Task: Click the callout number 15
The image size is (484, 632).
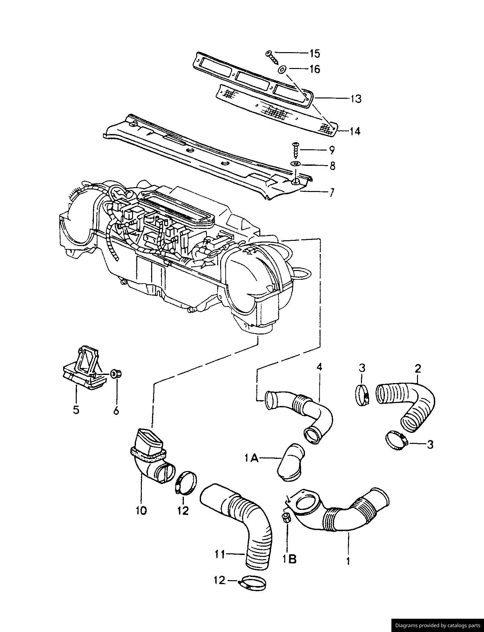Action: pyautogui.click(x=315, y=53)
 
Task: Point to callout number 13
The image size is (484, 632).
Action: pyautogui.click(x=356, y=98)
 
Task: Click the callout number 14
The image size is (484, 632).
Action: pyautogui.click(x=355, y=131)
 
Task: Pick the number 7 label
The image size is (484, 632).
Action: pyautogui.click(x=331, y=193)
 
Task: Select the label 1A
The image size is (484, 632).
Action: pyautogui.click(x=252, y=458)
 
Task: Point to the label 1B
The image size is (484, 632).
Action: pyautogui.click(x=289, y=559)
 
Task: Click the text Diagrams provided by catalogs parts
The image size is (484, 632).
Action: pyautogui.click(x=437, y=625)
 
